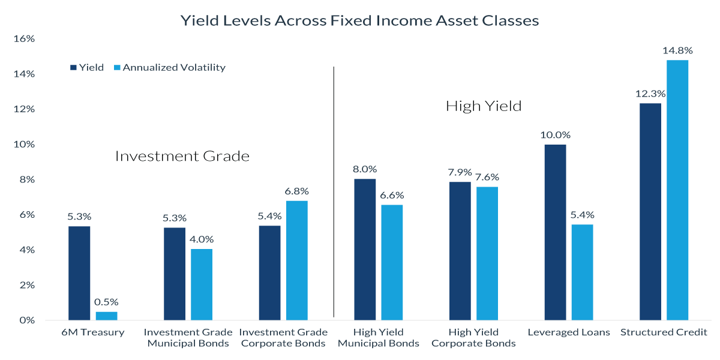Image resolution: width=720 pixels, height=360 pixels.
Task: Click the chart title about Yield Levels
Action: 360,20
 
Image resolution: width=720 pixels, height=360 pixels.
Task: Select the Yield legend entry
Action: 88,68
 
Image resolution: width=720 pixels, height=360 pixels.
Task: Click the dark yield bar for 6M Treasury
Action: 79,273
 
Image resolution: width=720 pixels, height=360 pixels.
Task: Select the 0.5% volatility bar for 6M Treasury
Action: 106,316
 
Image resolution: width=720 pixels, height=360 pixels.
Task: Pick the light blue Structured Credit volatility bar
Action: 677,190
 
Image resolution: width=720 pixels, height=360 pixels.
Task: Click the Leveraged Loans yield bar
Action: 555,232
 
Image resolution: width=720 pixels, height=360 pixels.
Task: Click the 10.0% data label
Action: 555,135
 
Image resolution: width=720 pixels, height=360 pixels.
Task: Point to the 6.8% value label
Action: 296,191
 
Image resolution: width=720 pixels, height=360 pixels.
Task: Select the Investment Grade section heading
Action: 182,157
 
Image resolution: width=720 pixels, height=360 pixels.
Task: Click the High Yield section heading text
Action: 484,107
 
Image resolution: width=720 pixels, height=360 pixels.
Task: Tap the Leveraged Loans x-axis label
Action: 568,332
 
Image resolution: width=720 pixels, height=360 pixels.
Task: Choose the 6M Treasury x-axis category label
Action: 93,332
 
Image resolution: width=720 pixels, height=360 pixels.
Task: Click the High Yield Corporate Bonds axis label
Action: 473,338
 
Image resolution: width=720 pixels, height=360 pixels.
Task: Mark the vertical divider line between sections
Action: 334,192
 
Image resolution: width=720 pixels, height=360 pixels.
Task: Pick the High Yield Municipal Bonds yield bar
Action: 365,249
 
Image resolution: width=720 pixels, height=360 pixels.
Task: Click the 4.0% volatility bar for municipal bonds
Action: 201,284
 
